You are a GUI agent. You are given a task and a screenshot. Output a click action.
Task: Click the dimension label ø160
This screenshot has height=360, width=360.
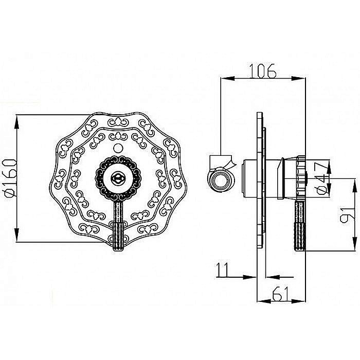pyautogui.click(x=11, y=178)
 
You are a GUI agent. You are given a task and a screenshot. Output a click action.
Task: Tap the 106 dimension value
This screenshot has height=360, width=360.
pyautogui.click(x=263, y=71)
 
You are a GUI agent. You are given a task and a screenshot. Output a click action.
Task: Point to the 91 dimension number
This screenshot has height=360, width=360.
pyautogui.click(x=347, y=214)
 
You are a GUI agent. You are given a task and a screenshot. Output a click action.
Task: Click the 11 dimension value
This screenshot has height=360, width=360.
pyautogui.click(x=223, y=270)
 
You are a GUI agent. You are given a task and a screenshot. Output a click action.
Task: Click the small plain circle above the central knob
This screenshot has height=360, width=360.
pyautogui.click(x=118, y=148)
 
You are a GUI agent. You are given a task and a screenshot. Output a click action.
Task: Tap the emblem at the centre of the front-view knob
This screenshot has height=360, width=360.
pyautogui.click(x=118, y=178)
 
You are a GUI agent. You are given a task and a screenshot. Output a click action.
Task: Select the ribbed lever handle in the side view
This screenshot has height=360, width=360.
pyautogui.click(x=300, y=226)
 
